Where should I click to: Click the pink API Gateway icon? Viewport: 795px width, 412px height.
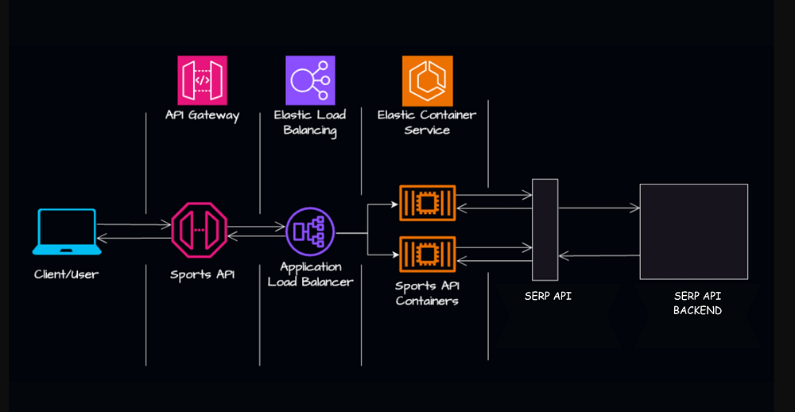click(202, 80)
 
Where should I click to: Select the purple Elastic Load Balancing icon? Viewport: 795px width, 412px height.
click(310, 80)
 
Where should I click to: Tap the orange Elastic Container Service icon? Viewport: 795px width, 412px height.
click(427, 80)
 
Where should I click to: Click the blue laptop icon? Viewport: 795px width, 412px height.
click(67, 231)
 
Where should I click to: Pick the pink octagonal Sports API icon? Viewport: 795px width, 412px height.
click(200, 231)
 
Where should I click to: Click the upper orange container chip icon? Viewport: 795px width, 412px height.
click(427, 204)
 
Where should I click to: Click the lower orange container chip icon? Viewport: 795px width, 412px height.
click(427, 255)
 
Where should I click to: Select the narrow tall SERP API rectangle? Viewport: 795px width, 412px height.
click(545, 230)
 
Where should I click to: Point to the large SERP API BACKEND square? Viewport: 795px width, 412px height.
click(694, 231)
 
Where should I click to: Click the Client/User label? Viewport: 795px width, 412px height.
click(67, 274)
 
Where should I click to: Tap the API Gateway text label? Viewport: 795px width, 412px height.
click(202, 115)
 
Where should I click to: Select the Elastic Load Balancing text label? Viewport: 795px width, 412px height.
click(310, 122)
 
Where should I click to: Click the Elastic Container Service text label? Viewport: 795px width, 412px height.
click(427, 122)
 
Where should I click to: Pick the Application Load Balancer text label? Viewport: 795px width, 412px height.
click(310, 274)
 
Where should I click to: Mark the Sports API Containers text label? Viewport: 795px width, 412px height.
click(427, 293)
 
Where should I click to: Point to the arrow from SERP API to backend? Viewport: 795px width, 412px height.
click(599, 208)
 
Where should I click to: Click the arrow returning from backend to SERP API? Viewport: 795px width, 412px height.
click(599, 255)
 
